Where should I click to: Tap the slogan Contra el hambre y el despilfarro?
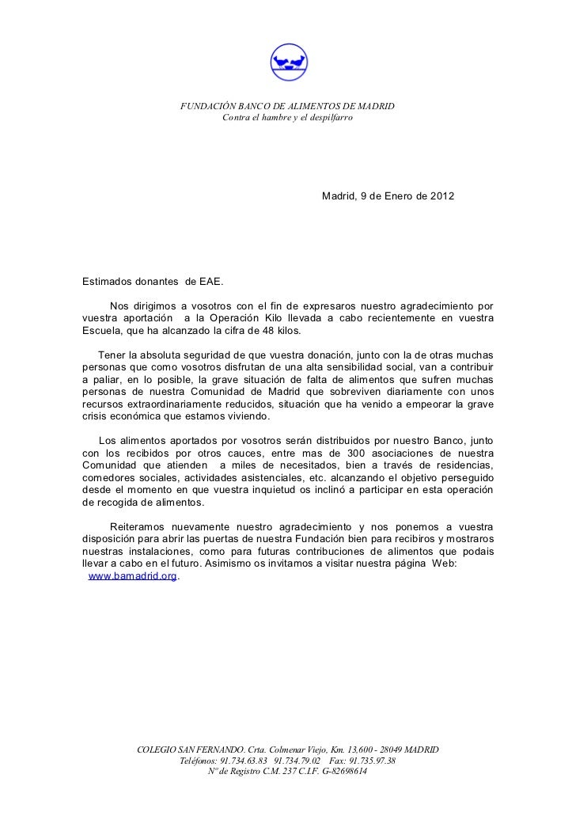coord(287,119)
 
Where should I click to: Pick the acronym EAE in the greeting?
coord(212,280)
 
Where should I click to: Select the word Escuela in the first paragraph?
coord(101,331)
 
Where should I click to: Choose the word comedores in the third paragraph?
coord(108,478)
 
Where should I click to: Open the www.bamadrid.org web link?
coord(131,577)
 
